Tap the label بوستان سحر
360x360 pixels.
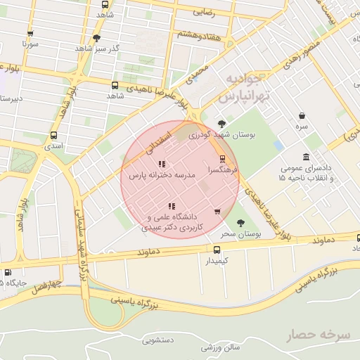pos(240,233)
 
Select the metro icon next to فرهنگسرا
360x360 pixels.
pos(223,159)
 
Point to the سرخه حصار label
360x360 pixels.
pos(318,335)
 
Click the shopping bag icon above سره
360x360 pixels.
pos(302,115)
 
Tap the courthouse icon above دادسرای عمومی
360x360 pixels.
pos(306,157)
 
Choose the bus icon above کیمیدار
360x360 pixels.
pos(217,250)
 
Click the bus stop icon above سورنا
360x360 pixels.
pos(30,33)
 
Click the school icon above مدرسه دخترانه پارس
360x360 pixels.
pos(162,164)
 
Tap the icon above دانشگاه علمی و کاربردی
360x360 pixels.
pos(171,206)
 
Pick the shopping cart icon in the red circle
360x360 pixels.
pos(217,211)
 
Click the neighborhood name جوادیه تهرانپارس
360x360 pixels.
pos(243,88)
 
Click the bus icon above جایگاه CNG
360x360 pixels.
pos(8,272)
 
